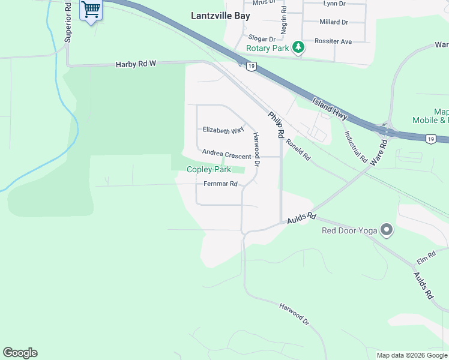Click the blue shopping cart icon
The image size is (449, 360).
pos(91,10)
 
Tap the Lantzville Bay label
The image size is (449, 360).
pos(220,16)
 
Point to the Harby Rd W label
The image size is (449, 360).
pos(135,64)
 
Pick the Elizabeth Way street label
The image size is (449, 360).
pos(223,130)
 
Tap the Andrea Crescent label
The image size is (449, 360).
pos(226,155)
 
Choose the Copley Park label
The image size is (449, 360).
pos(209,170)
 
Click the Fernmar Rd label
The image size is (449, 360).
pos(221,184)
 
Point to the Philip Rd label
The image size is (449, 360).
pos(276,125)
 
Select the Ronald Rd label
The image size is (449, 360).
pos(298,149)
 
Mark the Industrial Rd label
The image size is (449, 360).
pos(355,146)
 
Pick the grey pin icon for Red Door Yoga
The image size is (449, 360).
pos(387,230)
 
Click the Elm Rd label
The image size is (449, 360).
pos(426,259)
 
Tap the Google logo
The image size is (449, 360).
pos(20,353)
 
